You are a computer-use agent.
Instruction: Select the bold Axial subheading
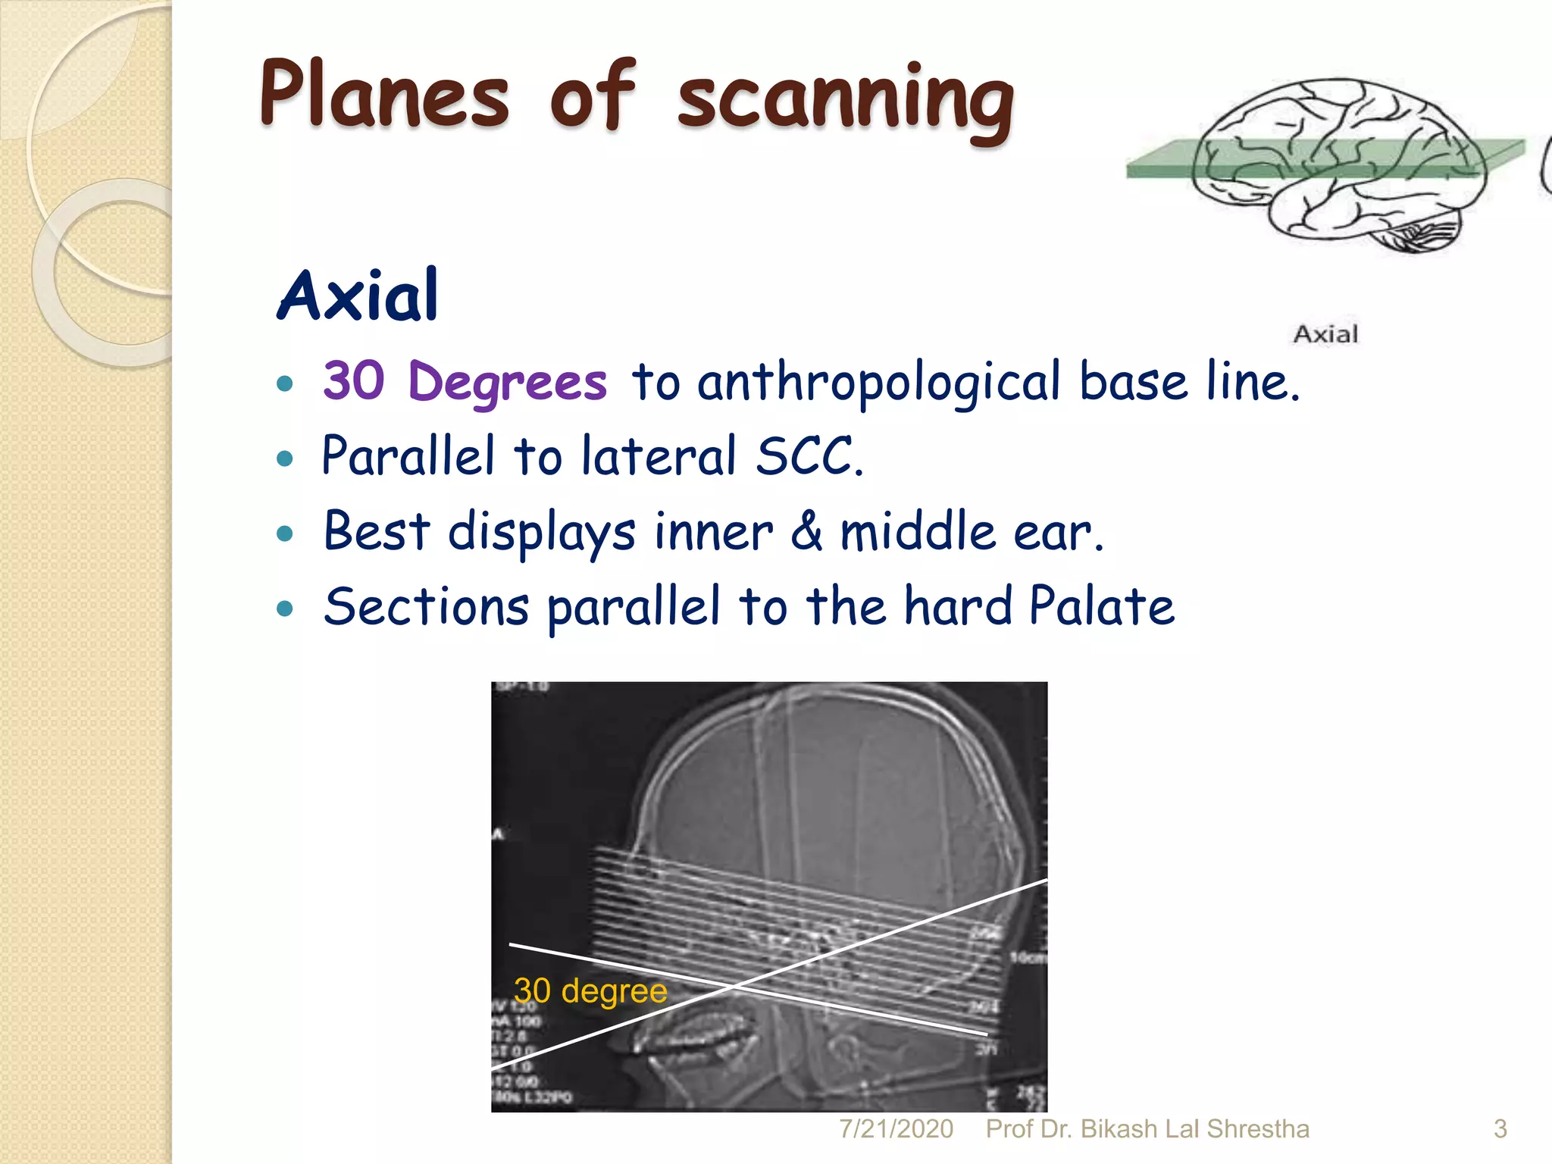(x=358, y=296)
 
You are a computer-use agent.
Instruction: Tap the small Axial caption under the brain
(x=1325, y=334)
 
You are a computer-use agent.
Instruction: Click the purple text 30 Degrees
(x=465, y=381)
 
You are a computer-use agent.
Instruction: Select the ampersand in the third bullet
(x=806, y=530)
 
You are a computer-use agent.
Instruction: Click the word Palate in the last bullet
(x=1101, y=606)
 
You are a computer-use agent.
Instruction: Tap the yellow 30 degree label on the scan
(x=590, y=990)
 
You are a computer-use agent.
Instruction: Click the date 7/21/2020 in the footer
(x=896, y=1129)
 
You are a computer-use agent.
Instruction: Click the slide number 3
(x=1500, y=1129)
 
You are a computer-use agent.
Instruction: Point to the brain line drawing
(x=1338, y=163)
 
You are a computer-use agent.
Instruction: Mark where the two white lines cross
(x=732, y=987)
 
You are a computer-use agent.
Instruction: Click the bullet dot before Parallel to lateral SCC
(x=285, y=458)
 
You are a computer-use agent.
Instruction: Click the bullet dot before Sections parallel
(x=285, y=609)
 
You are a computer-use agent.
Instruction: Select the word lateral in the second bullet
(x=659, y=456)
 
